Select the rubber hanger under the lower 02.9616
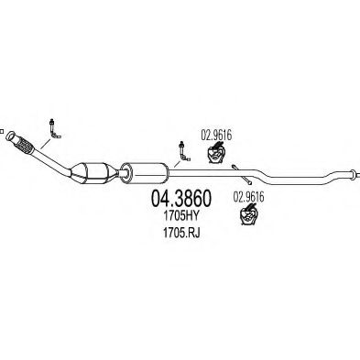pyautogui.click(x=247, y=215)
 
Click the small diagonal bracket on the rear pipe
pyautogui.click(x=235, y=169)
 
